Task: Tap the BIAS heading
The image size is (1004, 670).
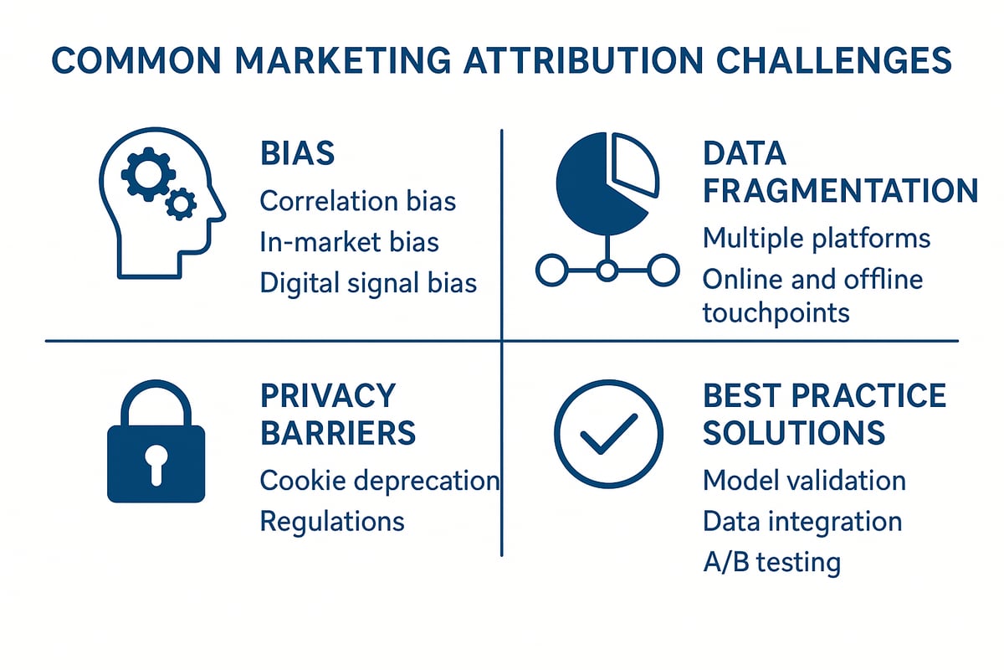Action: coord(297,153)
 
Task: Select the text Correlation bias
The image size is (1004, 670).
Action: coord(358,201)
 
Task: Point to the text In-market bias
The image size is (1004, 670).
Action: coord(349,242)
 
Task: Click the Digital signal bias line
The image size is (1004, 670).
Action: coord(368,282)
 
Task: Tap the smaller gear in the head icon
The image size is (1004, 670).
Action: coord(181,203)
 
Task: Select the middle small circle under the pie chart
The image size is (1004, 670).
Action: coord(607,270)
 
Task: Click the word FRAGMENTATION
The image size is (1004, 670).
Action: coord(839,191)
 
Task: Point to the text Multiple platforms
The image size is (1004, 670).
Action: coord(816,238)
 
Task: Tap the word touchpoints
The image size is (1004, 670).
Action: coord(776,313)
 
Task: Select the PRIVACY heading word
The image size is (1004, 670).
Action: coord(327,394)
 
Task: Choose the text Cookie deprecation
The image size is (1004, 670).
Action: coord(379,481)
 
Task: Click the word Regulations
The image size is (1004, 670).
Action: coord(332,521)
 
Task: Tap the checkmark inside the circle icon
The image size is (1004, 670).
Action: coord(608,435)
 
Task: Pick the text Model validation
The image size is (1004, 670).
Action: coord(803,481)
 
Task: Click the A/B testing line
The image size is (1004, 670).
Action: coord(771,561)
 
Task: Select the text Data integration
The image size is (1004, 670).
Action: coord(802,521)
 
